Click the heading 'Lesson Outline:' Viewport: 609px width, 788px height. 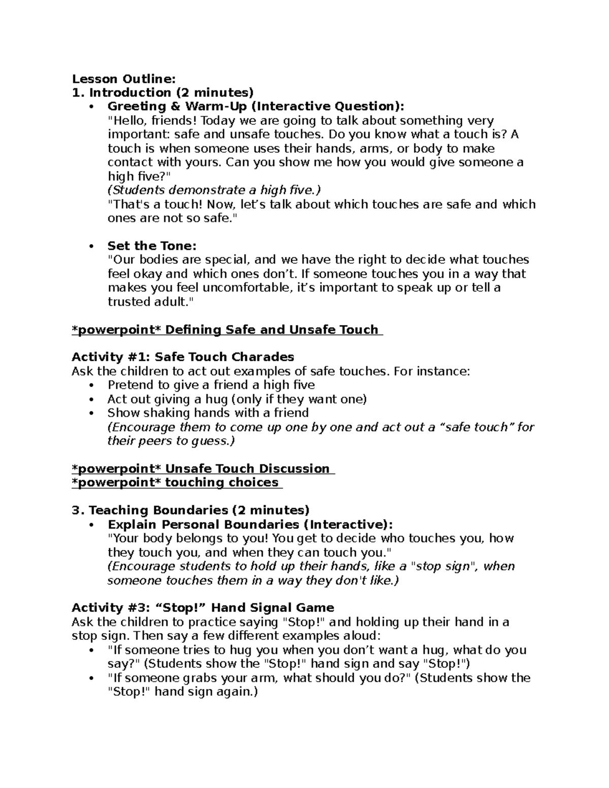click(124, 79)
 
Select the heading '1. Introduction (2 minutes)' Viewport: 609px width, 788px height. click(162, 93)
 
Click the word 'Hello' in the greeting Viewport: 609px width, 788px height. click(126, 121)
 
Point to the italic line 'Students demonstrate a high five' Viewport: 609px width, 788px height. click(215, 190)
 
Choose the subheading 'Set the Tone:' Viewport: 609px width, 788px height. click(152, 246)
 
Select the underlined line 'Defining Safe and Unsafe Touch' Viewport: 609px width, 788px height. click(227, 330)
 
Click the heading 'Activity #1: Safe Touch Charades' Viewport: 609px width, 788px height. click(183, 357)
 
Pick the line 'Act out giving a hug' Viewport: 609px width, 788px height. click(236, 399)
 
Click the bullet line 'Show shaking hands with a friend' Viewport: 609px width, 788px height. click(208, 413)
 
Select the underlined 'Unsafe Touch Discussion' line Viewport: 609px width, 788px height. click(203, 469)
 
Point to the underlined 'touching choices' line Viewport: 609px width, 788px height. click(177, 483)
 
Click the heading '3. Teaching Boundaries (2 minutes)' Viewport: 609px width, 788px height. click(191, 510)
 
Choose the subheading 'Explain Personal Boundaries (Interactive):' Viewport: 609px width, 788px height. click(250, 525)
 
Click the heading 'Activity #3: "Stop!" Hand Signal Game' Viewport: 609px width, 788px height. click(203, 608)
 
